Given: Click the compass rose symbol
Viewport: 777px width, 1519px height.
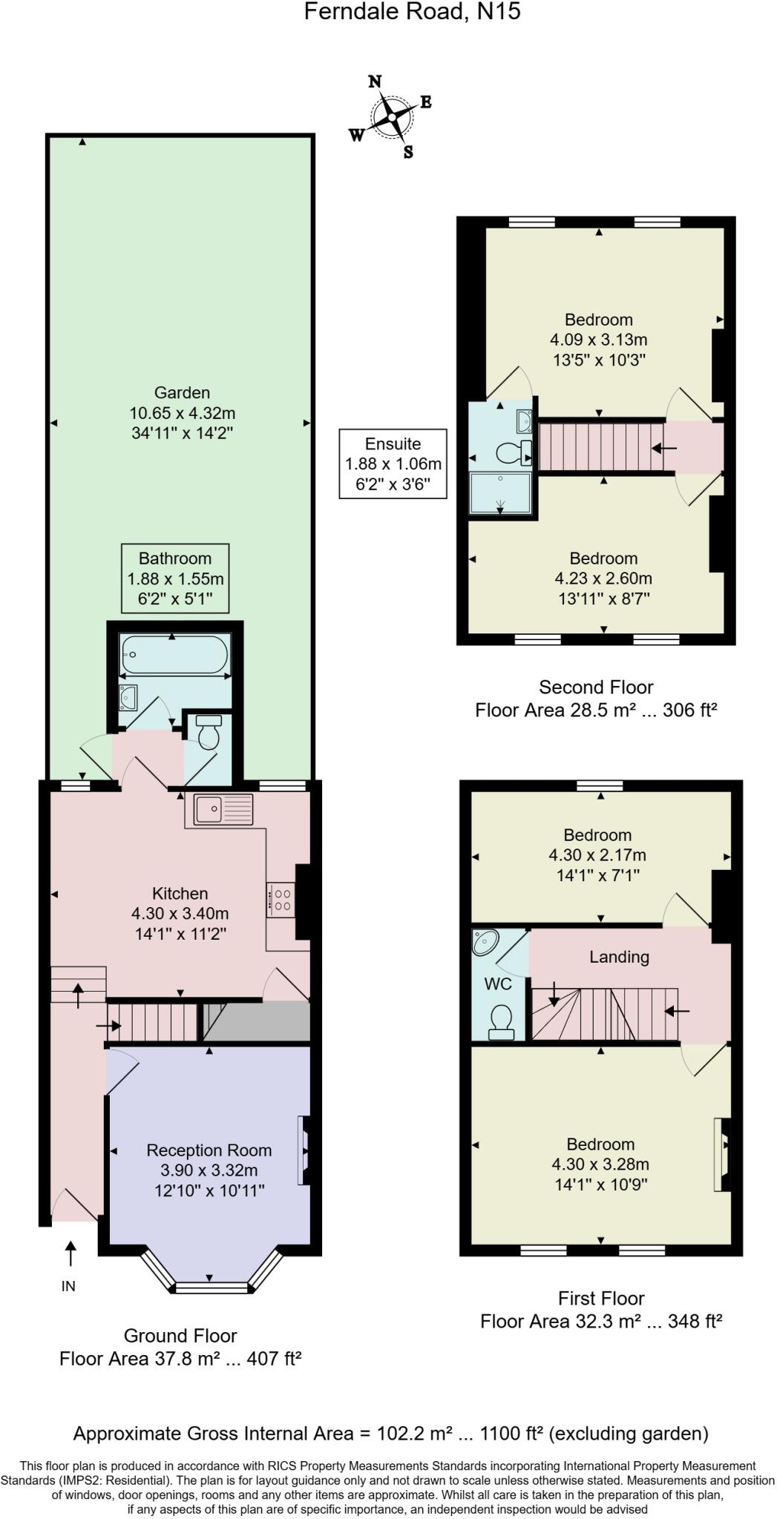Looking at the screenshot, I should point(391,117).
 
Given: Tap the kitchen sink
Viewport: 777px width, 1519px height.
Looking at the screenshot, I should point(223,809).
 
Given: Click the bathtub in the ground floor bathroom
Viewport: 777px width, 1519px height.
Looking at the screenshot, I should point(174,654).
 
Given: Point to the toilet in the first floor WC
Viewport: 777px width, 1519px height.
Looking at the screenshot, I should point(502,1021).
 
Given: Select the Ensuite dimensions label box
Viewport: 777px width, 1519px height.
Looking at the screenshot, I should point(393,464).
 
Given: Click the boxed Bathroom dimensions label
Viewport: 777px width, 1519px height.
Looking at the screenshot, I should point(175,579).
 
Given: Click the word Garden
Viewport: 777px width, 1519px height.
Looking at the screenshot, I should point(182,392).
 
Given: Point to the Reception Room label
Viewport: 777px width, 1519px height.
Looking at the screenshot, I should point(209,1150).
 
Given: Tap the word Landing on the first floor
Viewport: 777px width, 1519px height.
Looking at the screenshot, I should point(619,957).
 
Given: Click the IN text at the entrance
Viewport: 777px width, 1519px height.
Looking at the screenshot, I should point(68,1287).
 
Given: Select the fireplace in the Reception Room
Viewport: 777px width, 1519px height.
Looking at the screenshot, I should point(305,1150).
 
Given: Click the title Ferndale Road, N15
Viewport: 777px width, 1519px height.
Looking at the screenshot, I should point(412,12).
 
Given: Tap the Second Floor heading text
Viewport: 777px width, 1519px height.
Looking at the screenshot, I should point(596,687).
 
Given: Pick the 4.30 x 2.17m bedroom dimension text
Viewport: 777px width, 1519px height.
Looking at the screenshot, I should point(597,855).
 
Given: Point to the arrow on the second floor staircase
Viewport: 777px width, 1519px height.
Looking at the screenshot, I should point(664,448).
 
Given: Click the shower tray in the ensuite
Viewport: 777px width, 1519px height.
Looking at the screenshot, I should point(501,494).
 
